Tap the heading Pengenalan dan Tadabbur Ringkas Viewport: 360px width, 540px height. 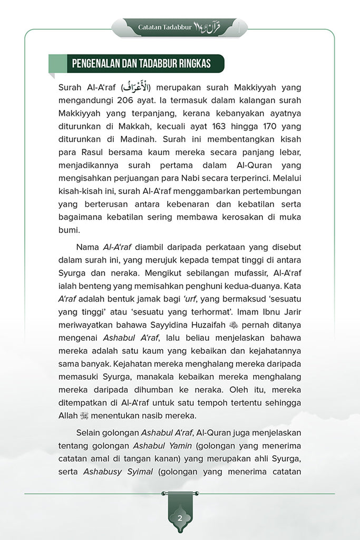click(x=141, y=64)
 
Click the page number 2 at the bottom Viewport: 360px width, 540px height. click(x=180, y=517)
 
